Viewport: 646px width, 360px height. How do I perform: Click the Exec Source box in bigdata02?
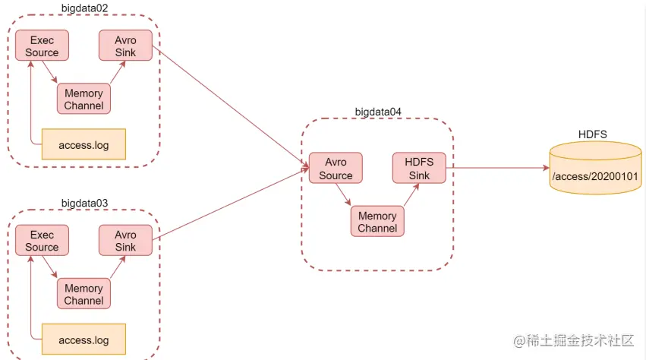pos(42,46)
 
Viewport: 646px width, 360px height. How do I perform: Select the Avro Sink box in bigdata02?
pos(125,46)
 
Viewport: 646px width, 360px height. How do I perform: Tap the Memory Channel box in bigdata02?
pos(84,99)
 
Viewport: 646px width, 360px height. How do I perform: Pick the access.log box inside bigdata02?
pos(84,144)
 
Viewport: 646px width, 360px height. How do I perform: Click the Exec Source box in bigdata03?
pos(42,240)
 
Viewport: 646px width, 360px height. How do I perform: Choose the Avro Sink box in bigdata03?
pos(125,240)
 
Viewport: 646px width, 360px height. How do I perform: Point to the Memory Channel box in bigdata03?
pos(84,294)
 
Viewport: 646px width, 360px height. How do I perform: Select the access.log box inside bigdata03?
pos(84,339)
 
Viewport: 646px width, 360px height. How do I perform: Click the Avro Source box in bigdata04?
pos(336,168)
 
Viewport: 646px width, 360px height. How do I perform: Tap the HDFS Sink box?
pos(419,168)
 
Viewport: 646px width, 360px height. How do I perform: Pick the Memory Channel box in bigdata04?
pos(377,221)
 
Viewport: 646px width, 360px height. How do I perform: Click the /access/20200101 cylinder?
pos(595,175)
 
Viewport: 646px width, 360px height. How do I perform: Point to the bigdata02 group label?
pos(84,8)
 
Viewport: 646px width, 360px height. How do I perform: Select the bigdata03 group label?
pos(84,203)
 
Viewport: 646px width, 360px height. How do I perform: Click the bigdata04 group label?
pos(378,112)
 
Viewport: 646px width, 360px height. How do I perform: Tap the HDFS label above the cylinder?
pos(593,134)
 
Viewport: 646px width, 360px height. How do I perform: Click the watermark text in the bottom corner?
pos(572,341)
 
